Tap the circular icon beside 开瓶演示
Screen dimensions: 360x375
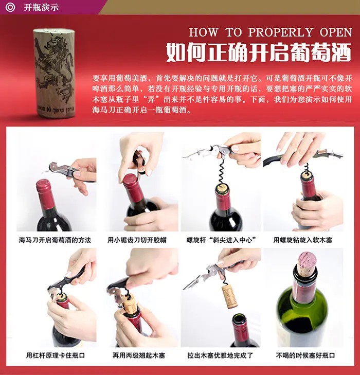click(10, 7)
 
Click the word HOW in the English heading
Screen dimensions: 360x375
click(204, 32)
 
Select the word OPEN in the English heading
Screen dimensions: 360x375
click(336, 32)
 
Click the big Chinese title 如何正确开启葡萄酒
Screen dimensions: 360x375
click(259, 52)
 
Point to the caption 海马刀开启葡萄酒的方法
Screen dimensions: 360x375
click(55, 240)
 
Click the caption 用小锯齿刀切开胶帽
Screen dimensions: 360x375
click(137, 240)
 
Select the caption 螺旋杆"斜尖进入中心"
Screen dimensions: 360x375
click(221, 240)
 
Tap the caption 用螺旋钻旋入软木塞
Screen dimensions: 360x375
click(303, 240)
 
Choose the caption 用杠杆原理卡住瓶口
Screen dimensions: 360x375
click(56, 355)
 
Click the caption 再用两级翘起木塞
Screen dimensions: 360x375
click(139, 355)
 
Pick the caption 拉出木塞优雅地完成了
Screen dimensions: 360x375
click(220, 355)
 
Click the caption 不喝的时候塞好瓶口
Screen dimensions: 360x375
click(305, 355)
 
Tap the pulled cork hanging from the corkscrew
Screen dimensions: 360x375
click(229, 296)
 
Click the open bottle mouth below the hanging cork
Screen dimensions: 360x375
click(239, 319)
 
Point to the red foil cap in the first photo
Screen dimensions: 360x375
click(46, 194)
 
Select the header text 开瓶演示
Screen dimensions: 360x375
click(41, 7)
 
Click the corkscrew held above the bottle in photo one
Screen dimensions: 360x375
click(69, 171)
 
